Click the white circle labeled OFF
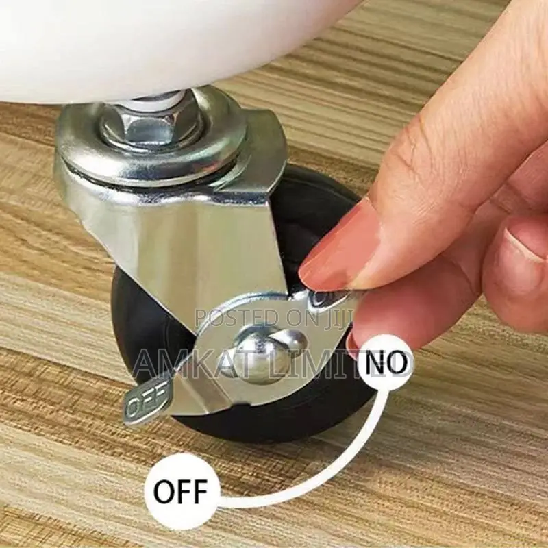pyautogui.click(x=182, y=491)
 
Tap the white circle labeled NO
pyautogui.click(x=386, y=362)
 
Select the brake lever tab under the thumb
pyautogui.click(x=325, y=298)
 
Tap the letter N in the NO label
pyautogui.click(x=375, y=362)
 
